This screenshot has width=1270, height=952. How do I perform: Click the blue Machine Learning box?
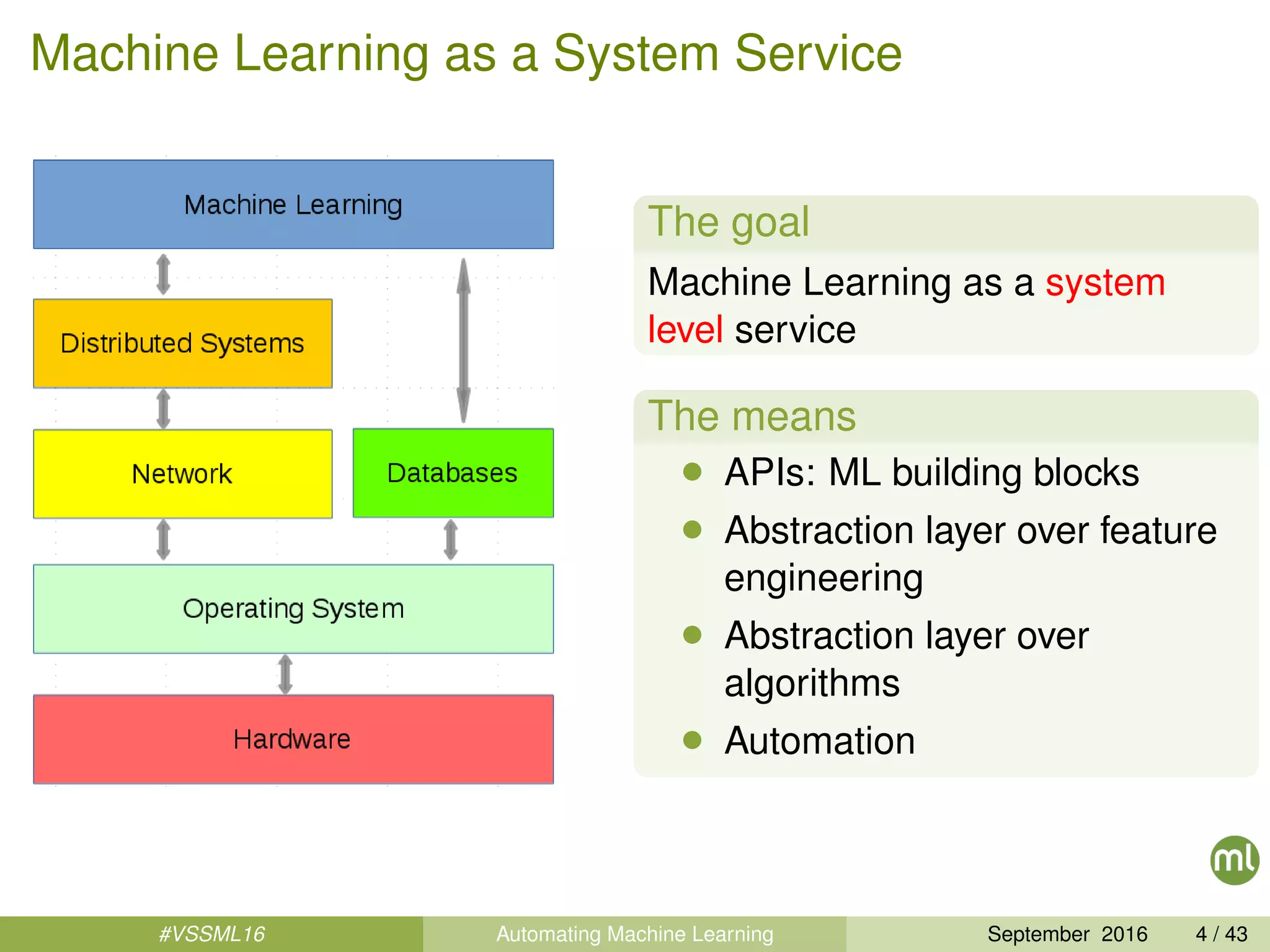coord(293,205)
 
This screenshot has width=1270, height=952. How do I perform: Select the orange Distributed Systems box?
coord(182,343)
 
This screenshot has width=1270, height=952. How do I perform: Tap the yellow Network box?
coord(182,474)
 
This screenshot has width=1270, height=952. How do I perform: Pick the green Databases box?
coord(453,473)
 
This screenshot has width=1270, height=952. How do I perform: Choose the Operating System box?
coord(293,609)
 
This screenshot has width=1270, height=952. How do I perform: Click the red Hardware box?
coord(293,739)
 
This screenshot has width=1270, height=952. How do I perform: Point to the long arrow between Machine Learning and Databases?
coord(463,341)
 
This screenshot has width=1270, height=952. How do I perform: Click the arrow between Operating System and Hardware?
coord(285,674)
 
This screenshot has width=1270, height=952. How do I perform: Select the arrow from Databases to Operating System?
coord(451,540)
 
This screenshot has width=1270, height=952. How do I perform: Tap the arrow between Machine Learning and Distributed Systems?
coord(163,274)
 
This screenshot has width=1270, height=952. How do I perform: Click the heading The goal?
coord(729,222)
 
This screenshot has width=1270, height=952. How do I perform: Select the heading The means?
coord(752,416)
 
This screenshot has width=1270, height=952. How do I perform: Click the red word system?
coord(1105,283)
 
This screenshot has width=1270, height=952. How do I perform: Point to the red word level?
coord(685,330)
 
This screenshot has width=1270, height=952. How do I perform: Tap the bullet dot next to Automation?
coord(692,739)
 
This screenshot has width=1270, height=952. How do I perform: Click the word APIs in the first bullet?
coord(770,473)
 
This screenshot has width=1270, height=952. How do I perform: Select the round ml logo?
coord(1234,860)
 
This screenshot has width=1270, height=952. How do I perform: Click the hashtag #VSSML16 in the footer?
coord(211,934)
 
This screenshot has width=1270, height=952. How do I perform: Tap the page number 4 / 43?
coord(1221,934)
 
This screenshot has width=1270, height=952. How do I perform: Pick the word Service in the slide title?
coord(818,54)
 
